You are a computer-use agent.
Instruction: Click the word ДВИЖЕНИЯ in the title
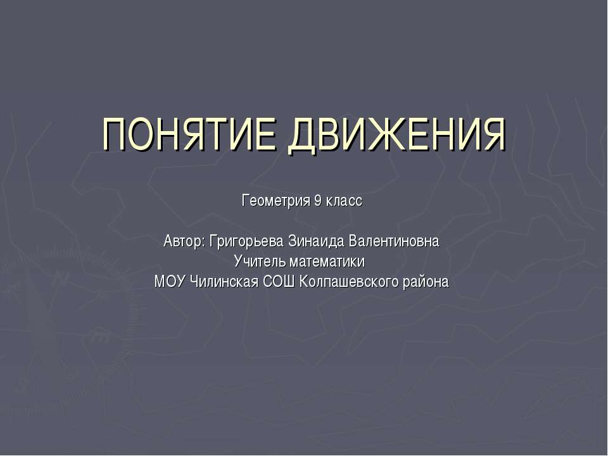[397, 134]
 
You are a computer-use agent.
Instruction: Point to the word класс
[344, 201]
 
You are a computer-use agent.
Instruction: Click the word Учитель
[259, 262]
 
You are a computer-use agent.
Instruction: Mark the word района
[425, 282]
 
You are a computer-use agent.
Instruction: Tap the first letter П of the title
[116, 134]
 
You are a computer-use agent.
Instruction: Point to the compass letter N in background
[61, 277]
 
